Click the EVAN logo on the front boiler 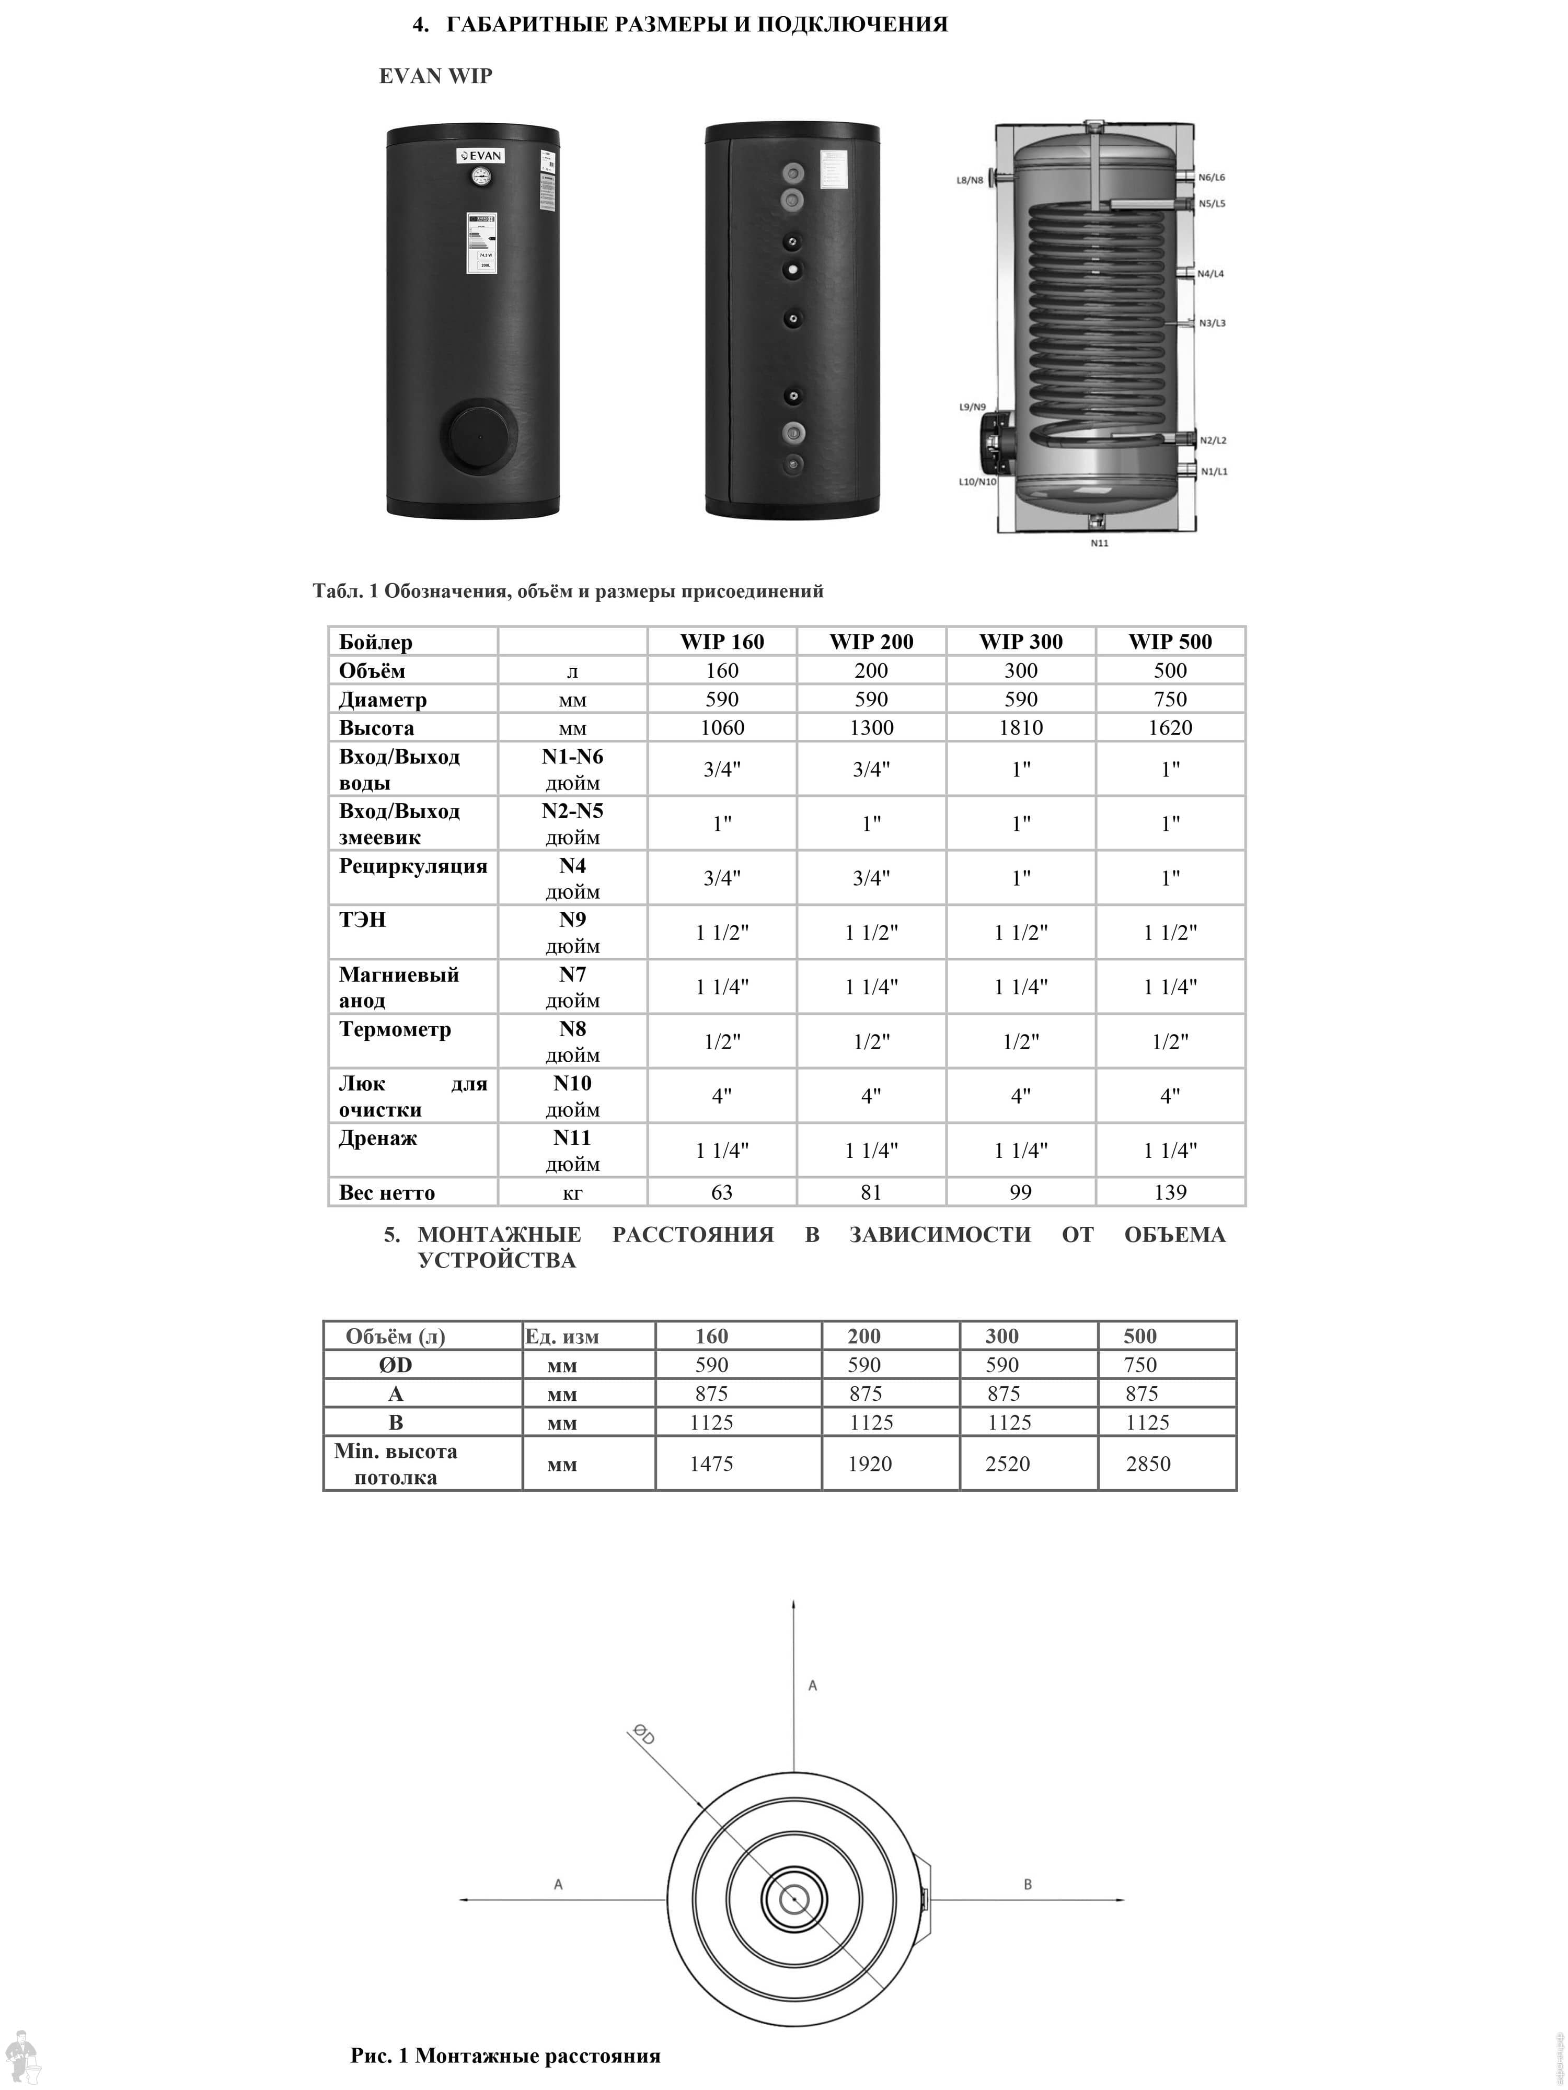(480, 156)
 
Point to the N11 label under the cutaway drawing (1099, 543)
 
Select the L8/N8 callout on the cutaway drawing (970, 180)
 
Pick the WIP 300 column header (1021, 642)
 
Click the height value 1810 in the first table (1021, 727)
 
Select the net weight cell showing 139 (1170, 1192)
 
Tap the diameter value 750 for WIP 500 (1170, 699)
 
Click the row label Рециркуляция (413, 866)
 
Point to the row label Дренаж (378, 1139)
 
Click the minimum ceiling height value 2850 (1148, 1464)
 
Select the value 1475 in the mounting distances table (711, 1464)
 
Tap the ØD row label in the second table (395, 1365)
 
